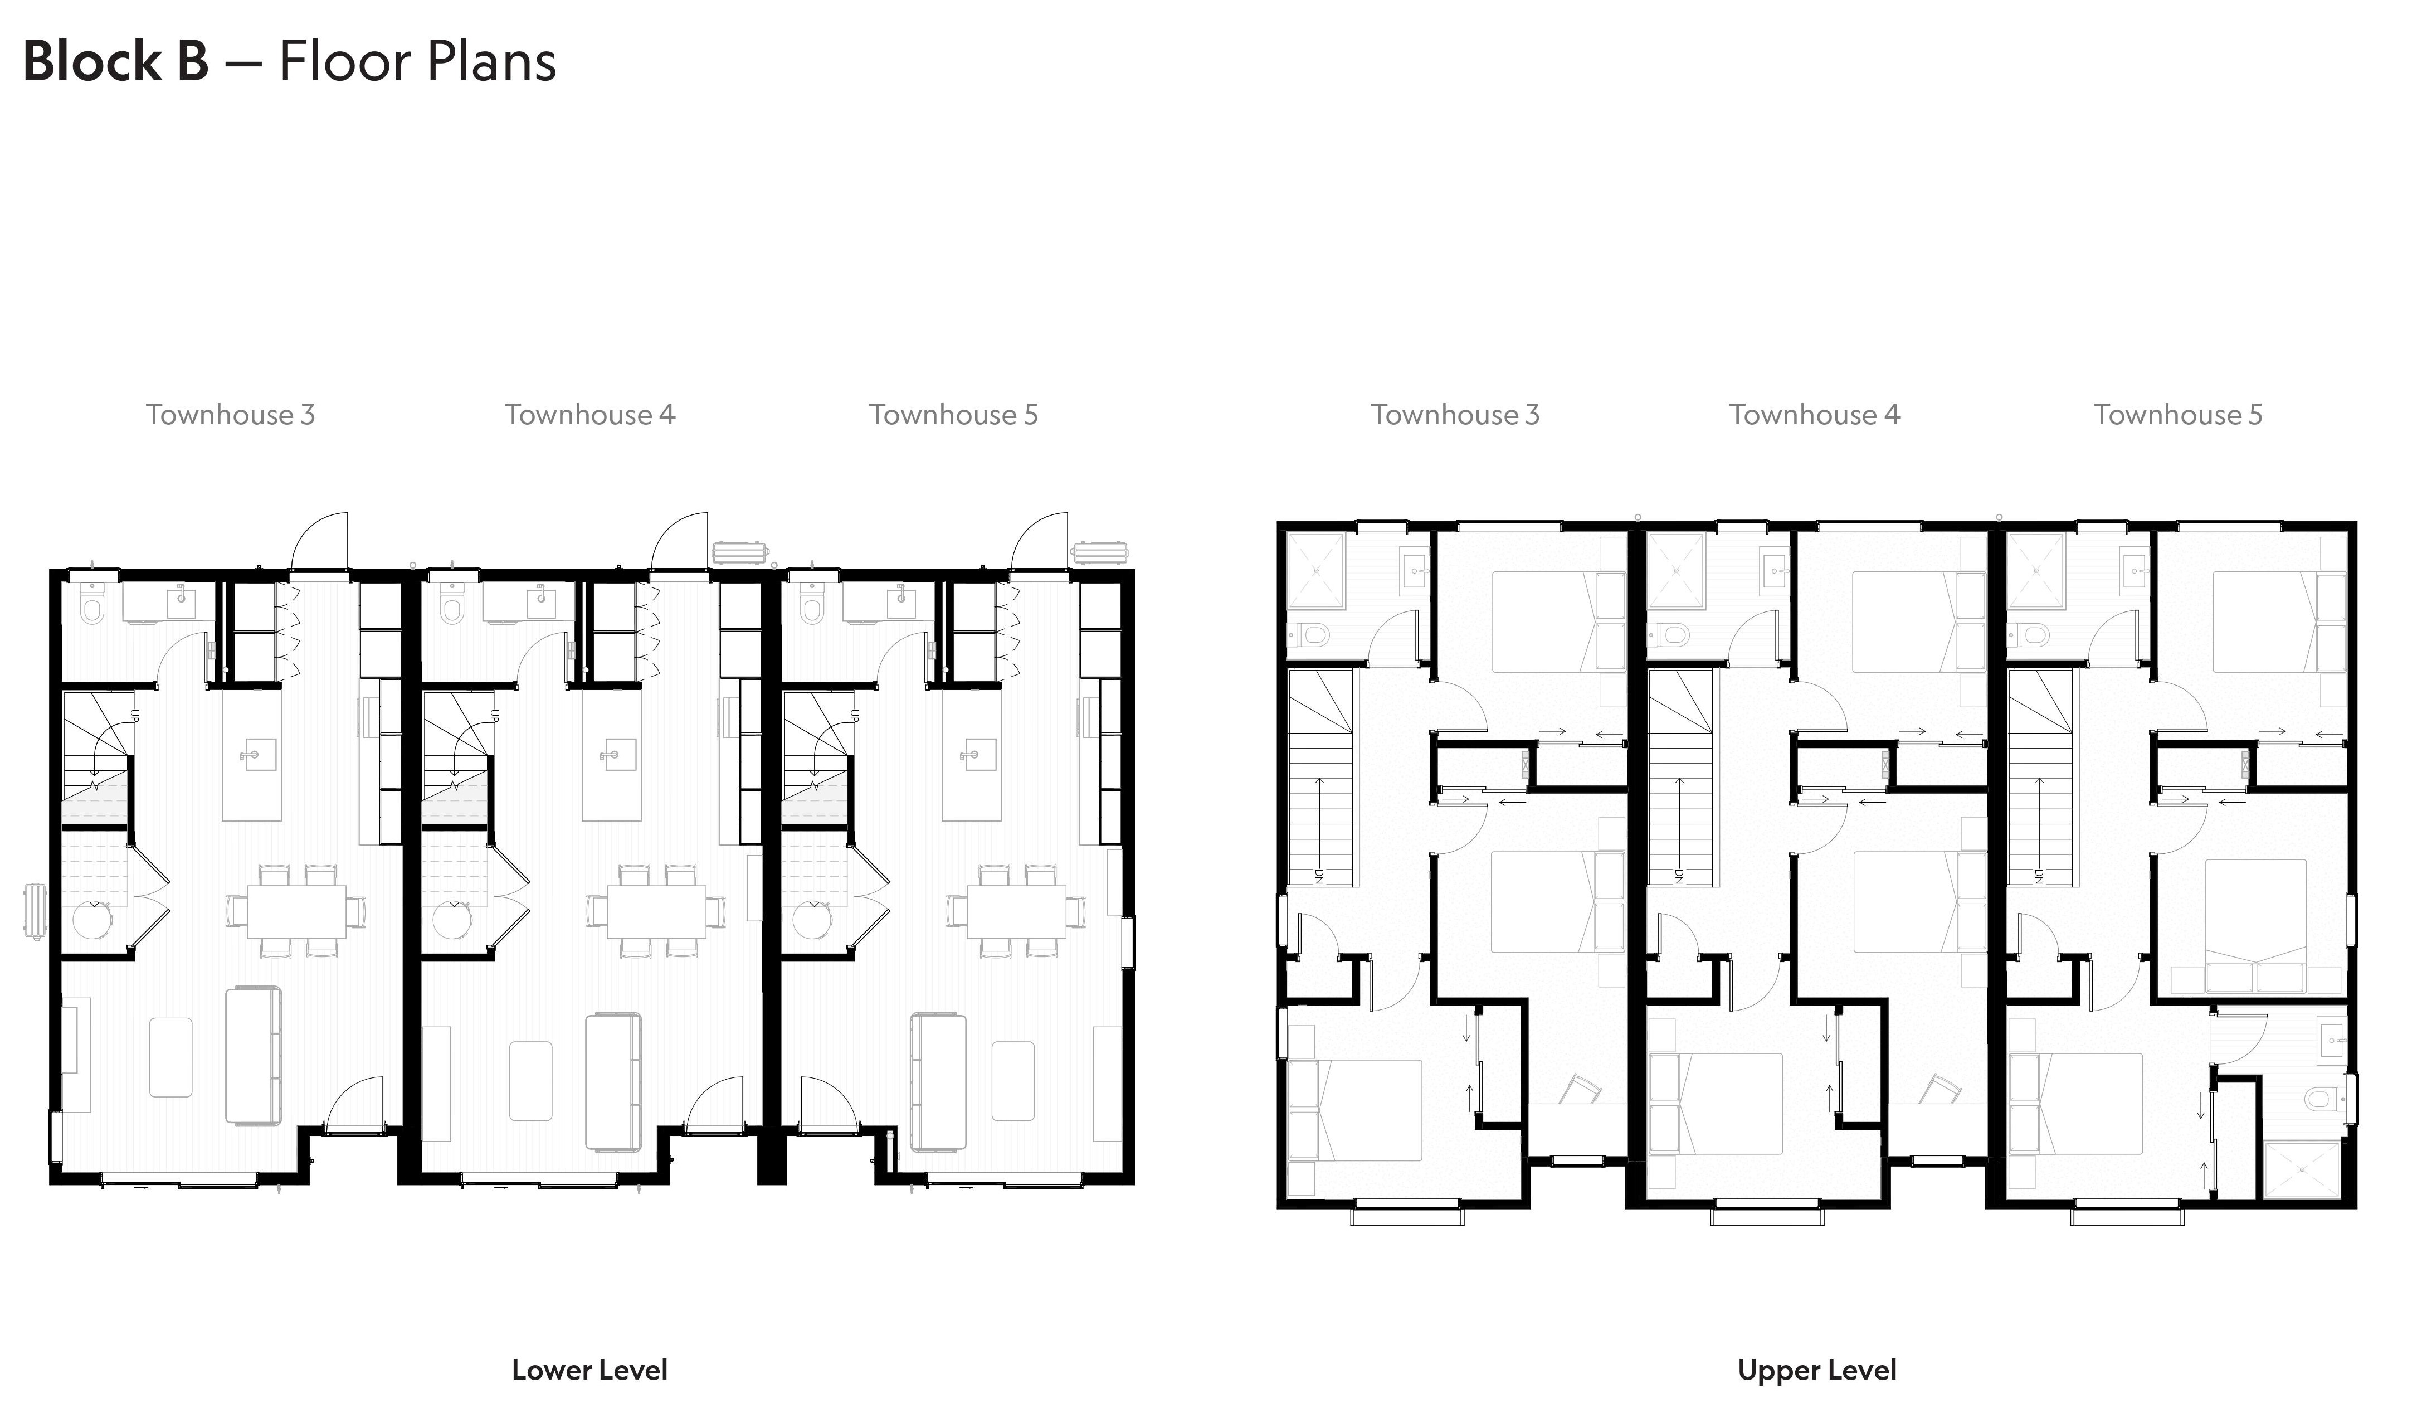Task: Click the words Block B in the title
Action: (x=115, y=61)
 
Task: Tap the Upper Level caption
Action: (x=1816, y=1370)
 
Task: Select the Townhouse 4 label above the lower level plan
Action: (x=590, y=414)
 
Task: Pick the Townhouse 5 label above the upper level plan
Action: (x=2178, y=414)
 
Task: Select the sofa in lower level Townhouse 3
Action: (x=254, y=1055)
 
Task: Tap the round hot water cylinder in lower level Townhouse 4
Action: (x=452, y=921)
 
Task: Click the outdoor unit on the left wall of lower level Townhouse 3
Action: (x=33, y=910)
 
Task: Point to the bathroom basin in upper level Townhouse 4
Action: (x=1773, y=570)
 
